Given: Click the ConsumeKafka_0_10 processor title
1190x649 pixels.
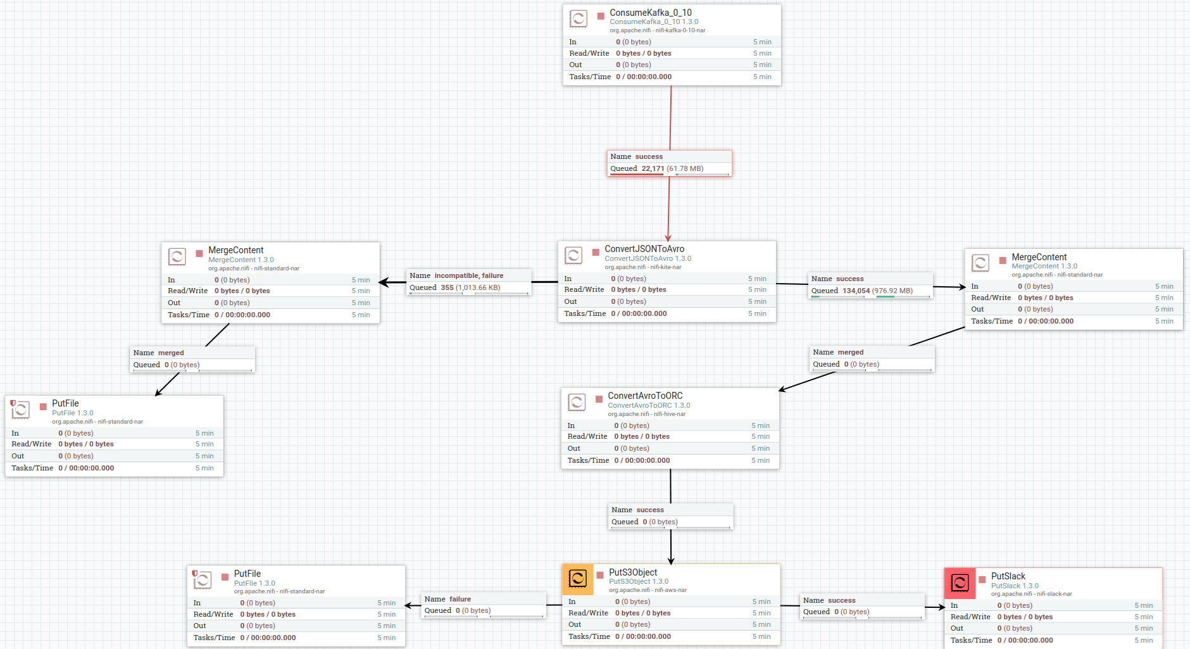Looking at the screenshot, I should (x=650, y=13).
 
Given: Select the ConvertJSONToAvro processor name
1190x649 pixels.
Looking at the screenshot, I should (x=644, y=249).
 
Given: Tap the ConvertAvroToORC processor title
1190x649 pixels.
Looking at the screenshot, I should (x=645, y=396).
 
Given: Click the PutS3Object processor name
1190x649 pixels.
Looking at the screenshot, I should (x=632, y=572).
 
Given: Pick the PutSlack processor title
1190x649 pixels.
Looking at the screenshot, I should (x=1008, y=576).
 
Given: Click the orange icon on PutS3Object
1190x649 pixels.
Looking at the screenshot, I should (x=577, y=579).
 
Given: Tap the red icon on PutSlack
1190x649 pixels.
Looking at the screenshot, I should (x=960, y=583).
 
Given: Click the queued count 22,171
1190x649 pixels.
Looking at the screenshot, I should (x=653, y=168).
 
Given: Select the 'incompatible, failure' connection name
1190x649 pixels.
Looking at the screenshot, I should (x=468, y=275).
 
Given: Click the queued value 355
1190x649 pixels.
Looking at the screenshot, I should (x=447, y=287).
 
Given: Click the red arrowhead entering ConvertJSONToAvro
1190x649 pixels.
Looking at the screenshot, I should (x=668, y=237).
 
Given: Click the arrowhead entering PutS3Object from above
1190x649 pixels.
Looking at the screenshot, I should (x=671, y=560).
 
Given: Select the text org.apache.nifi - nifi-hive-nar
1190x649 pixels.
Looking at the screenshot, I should (x=646, y=414).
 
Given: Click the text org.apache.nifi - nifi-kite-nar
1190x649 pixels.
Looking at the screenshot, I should (x=642, y=267).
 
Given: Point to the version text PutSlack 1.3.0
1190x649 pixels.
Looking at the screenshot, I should (x=1015, y=586).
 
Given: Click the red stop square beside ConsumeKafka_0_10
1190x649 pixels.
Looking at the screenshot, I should (x=601, y=16).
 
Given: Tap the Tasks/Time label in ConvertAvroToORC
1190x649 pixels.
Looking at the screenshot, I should (x=588, y=460).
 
